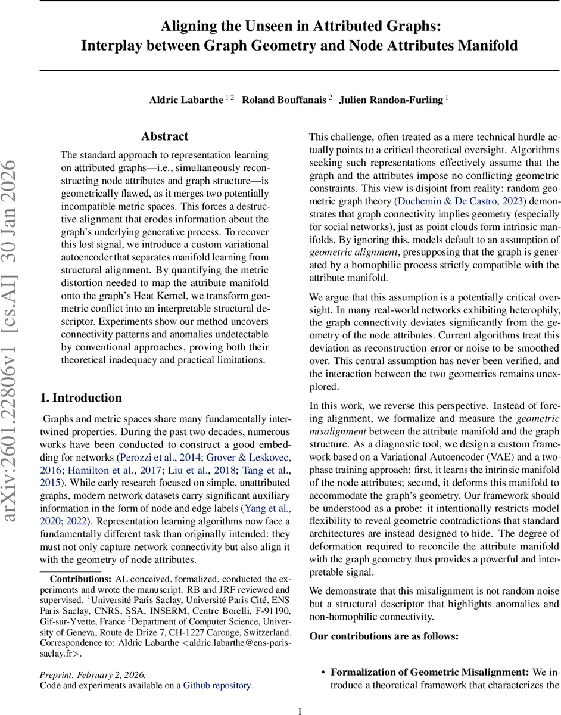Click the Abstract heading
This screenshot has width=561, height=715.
coord(164,136)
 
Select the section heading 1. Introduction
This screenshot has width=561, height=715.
coord(80,398)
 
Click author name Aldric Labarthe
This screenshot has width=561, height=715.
coord(186,100)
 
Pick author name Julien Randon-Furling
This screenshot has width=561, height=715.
coord(391,100)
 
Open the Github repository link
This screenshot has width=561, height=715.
coord(217,685)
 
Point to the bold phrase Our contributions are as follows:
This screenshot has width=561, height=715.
coord(384,636)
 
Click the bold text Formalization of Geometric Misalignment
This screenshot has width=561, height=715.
coord(429,673)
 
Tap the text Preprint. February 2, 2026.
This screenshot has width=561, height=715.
coord(92,674)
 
